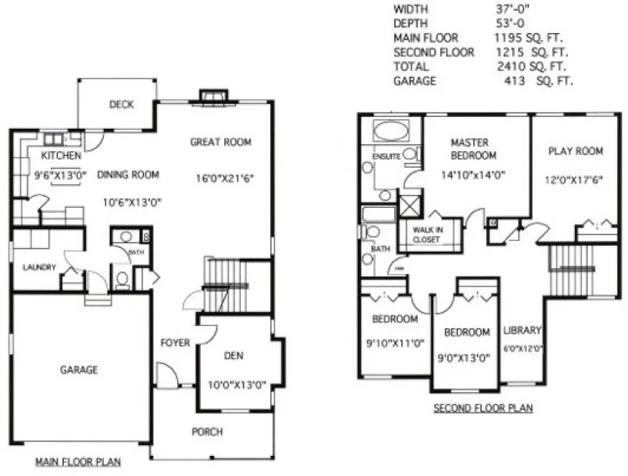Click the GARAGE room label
point(79,370)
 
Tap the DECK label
point(122,105)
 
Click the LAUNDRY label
point(39,267)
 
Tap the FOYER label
point(175,343)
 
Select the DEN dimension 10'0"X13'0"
point(237,384)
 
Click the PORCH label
point(206,432)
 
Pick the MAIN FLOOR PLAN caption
point(78,462)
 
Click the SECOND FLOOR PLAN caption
point(483,409)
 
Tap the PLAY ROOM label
point(575,151)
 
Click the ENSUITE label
point(386,156)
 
